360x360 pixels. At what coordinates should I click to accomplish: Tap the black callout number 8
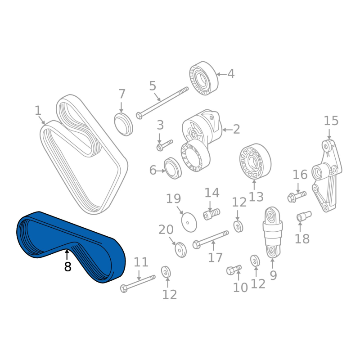click(68, 266)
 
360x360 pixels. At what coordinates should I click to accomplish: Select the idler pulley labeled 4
click(204, 78)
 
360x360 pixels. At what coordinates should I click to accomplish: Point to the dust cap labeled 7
click(123, 124)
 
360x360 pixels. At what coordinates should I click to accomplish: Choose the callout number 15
click(331, 121)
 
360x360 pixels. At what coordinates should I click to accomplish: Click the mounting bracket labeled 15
click(327, 175)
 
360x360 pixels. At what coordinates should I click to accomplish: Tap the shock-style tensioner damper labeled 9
click(273, 232)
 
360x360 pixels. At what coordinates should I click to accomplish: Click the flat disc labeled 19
click(189, 222)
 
